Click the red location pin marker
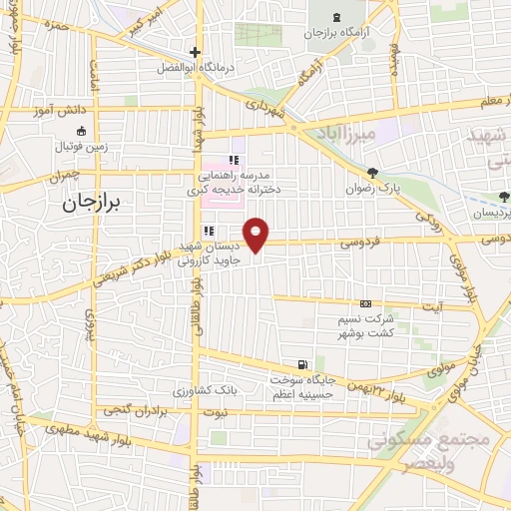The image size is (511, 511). pos(257,234)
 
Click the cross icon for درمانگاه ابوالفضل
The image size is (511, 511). pos(196,53)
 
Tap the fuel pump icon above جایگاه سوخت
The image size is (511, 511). pos(302,365)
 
